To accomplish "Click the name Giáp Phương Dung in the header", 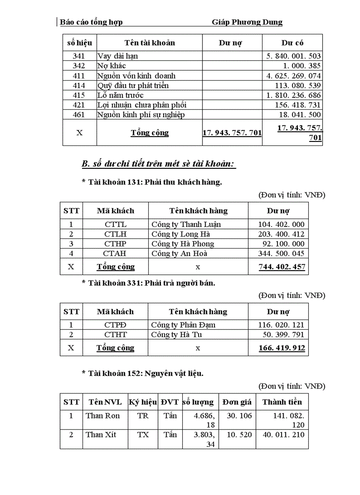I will coord(247,22).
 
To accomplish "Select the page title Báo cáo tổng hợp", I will coord(91,22).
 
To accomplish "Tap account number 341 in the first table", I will coord(79,56).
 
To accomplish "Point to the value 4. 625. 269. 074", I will coord(293,76).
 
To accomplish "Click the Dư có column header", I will coord(292,43).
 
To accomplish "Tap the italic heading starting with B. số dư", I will coord(159,164).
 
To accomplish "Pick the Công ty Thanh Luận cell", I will coord(186,224).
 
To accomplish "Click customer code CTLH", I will coord(115,234).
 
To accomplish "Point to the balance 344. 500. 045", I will coord(281,253).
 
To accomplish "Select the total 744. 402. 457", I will coord(281,267).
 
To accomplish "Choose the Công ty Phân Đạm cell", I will coord(183,325).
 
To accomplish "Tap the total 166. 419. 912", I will coord(281,348).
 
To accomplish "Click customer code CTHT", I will coord(115,335).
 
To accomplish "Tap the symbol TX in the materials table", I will coord(142,435).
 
